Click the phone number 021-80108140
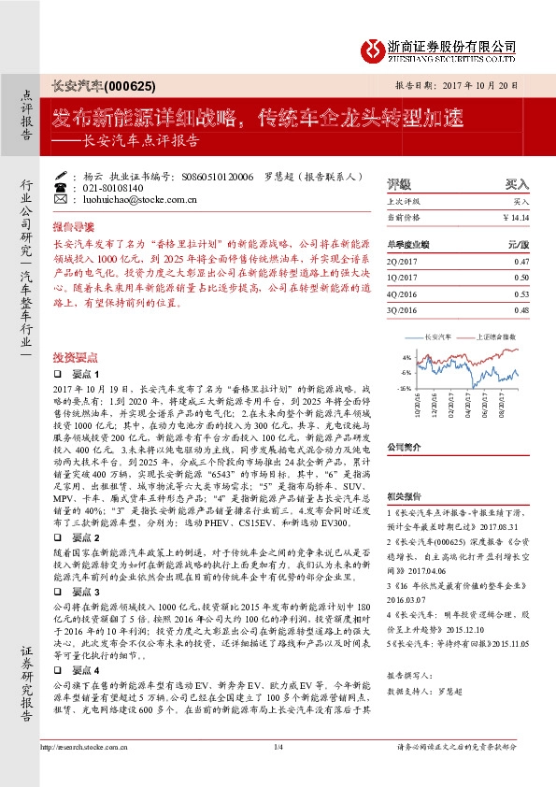click(107, 187)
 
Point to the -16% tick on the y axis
click(404, 386)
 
